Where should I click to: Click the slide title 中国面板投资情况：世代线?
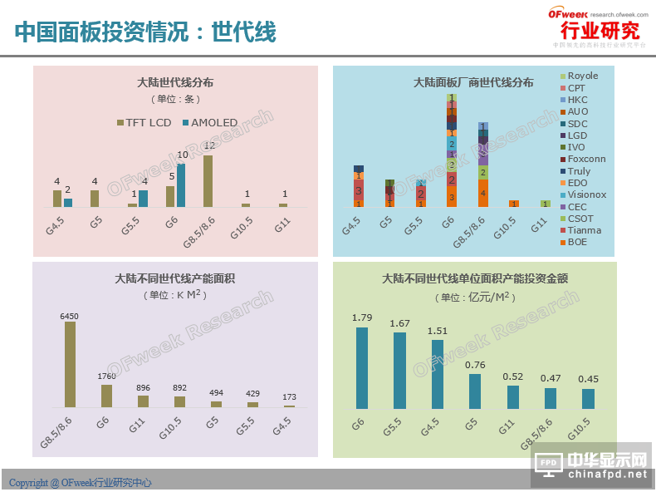(x=145, y=32)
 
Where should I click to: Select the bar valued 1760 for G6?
(x=106, y=396)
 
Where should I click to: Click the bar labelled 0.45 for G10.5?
(x=588, y=398)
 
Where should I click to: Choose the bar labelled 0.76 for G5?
(x=474, y=391)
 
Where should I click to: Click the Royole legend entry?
(x=581, y=76)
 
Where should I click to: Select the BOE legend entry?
(x=576, y=242)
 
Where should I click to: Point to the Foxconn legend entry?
(x=585, y=159)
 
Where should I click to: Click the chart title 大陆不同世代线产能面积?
(x=174, y=278)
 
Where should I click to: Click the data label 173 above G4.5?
(x=289, y=397)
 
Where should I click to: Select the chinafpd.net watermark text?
(x=605, y=475)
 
